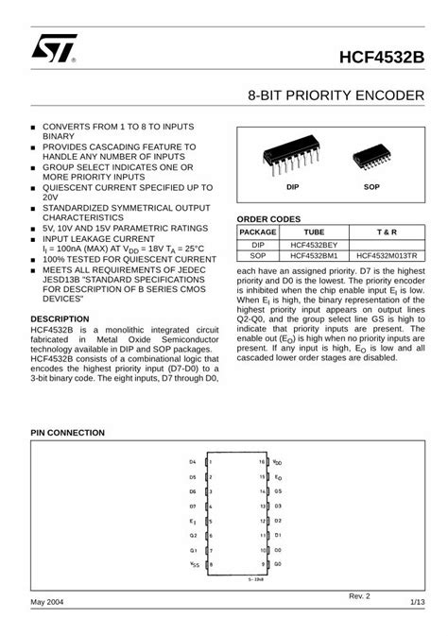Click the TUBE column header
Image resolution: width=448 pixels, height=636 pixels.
tap(314, 232)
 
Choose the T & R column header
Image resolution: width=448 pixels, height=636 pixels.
tap(388, 232)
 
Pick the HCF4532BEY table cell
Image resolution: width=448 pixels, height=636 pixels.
tap(314, 244)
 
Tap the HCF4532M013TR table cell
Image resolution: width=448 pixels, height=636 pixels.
tap(388, 255)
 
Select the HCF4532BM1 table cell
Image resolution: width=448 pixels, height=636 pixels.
tap(314, 255)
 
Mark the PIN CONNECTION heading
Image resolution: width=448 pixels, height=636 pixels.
tap(67, 432)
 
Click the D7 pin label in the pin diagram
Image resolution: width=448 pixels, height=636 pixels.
tap(192, 507)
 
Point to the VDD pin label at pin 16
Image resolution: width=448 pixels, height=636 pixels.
tap(277, 462)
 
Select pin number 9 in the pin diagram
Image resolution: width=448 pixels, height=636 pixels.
tap(262, 564)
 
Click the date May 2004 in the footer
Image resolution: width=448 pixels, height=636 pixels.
tap(46, 601)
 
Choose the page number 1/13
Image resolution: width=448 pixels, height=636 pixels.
tap(416, 601)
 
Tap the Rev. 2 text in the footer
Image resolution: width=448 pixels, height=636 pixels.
tap(360, 595)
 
